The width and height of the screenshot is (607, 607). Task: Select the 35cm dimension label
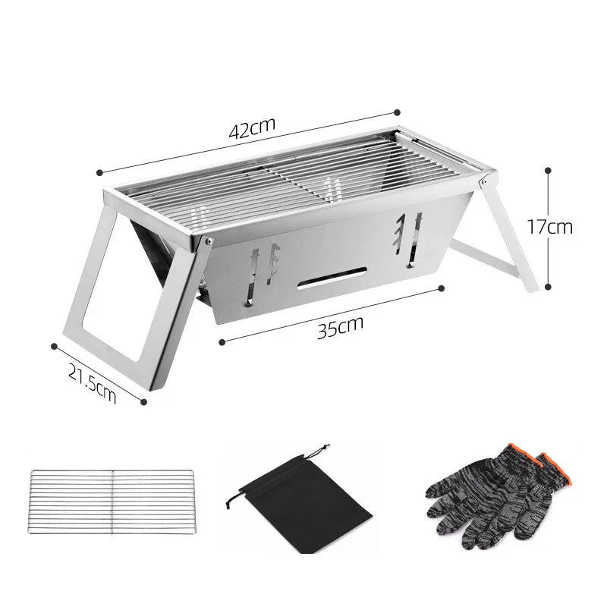coord(340,327)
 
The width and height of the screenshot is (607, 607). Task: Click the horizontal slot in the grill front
coord(333,278)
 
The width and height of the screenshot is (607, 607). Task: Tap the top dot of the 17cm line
coord(548,169)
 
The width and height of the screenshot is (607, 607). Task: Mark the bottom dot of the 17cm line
coord(548,287)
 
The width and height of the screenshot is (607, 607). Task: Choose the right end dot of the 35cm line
coord(441,288)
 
